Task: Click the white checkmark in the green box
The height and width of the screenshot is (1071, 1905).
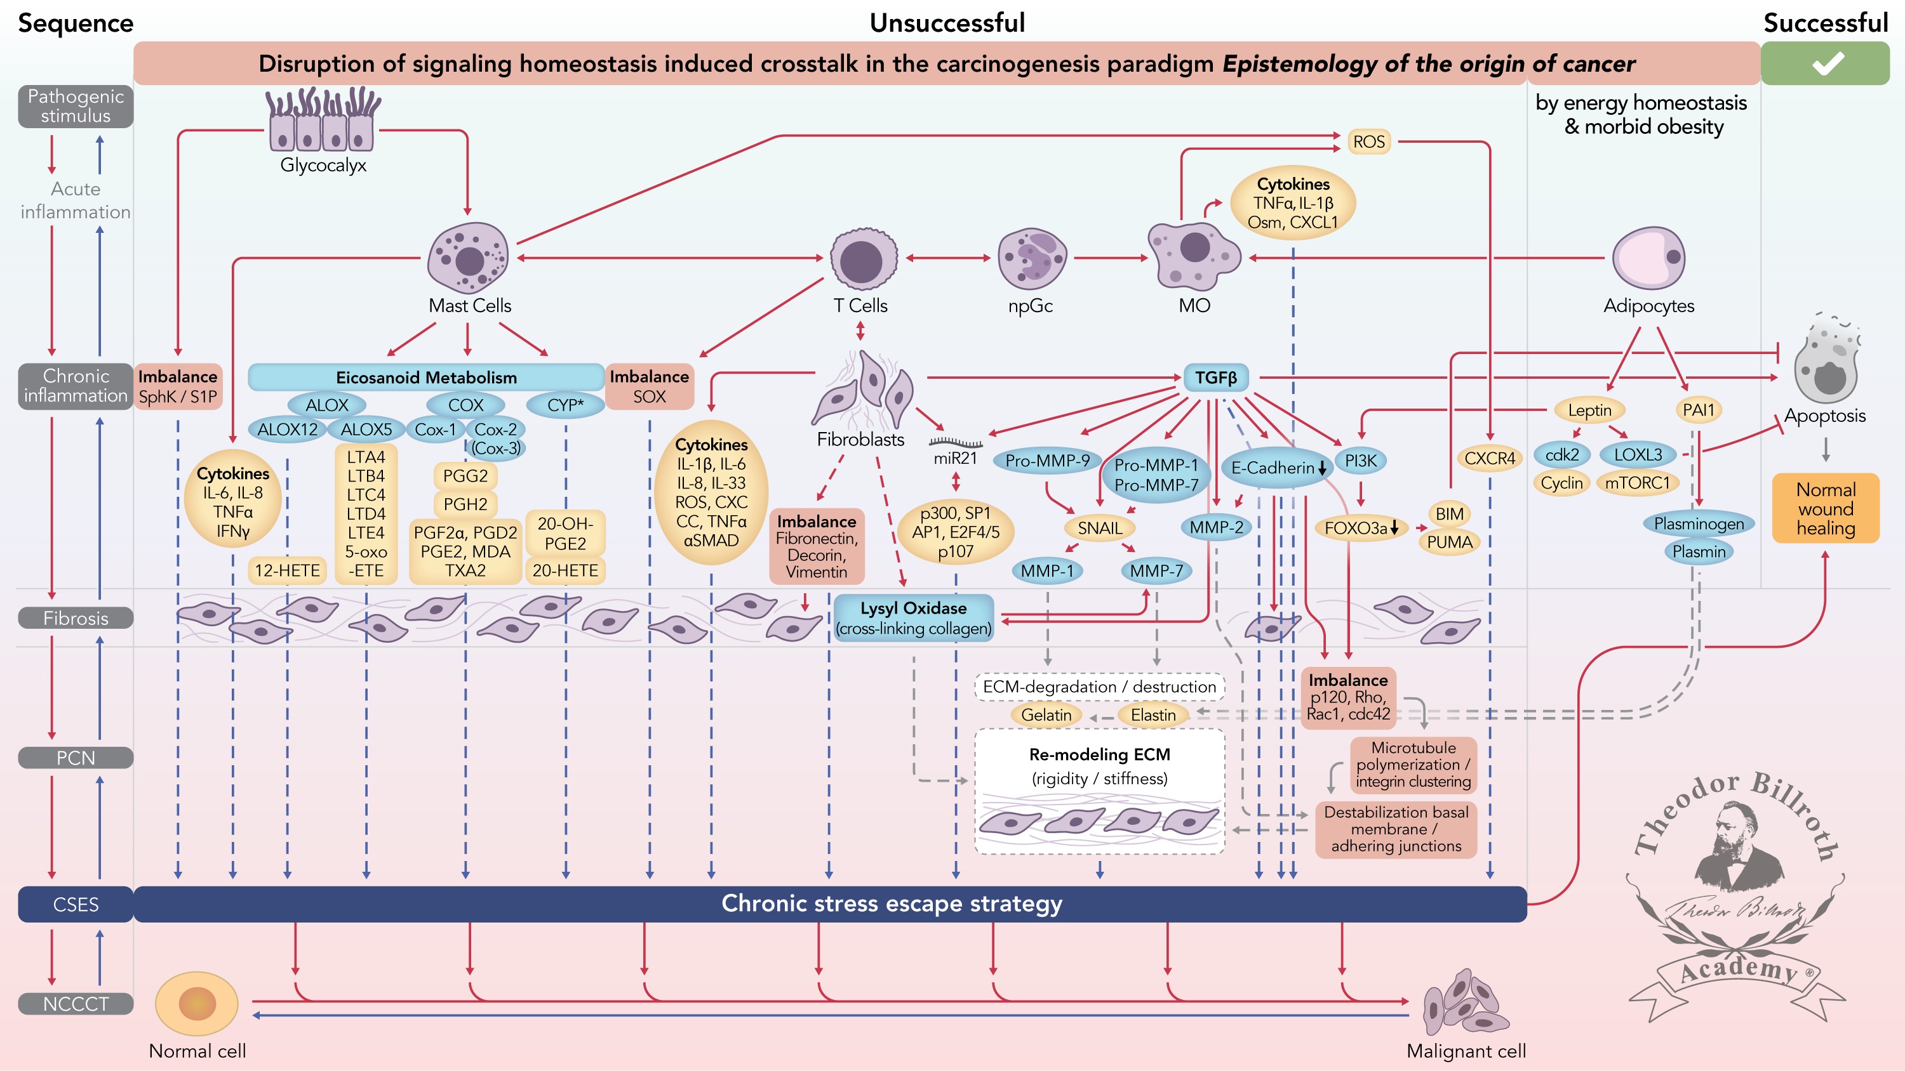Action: coord(1828,63)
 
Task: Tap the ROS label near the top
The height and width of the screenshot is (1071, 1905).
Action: coord(1369,142)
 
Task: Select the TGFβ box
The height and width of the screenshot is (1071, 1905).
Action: coord(1216,378)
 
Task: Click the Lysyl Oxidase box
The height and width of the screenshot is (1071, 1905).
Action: coord(913,618)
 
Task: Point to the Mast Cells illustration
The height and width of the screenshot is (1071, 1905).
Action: coord(469,258)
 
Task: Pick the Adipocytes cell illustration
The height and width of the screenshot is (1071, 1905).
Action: coord(1649,258)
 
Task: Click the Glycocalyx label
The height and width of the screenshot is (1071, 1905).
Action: coord(323,165)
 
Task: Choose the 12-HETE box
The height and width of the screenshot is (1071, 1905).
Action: coord(288,570)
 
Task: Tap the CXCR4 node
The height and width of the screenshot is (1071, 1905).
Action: coord(1489,458)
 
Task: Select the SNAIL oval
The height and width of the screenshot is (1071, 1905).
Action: coord(1100,528)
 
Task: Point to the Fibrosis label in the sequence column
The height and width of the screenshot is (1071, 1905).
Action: coord(76,618)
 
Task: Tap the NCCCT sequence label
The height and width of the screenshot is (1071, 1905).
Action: coord(76,1004)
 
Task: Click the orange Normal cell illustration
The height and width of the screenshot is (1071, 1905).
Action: coord(197,1003)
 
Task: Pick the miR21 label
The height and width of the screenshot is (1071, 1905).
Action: coord(956,458)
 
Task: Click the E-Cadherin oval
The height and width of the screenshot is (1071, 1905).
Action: coord(1277,468)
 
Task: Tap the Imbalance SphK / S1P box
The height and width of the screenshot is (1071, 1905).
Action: coord(178,386)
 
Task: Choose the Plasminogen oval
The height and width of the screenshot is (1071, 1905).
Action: coord(1699,524)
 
